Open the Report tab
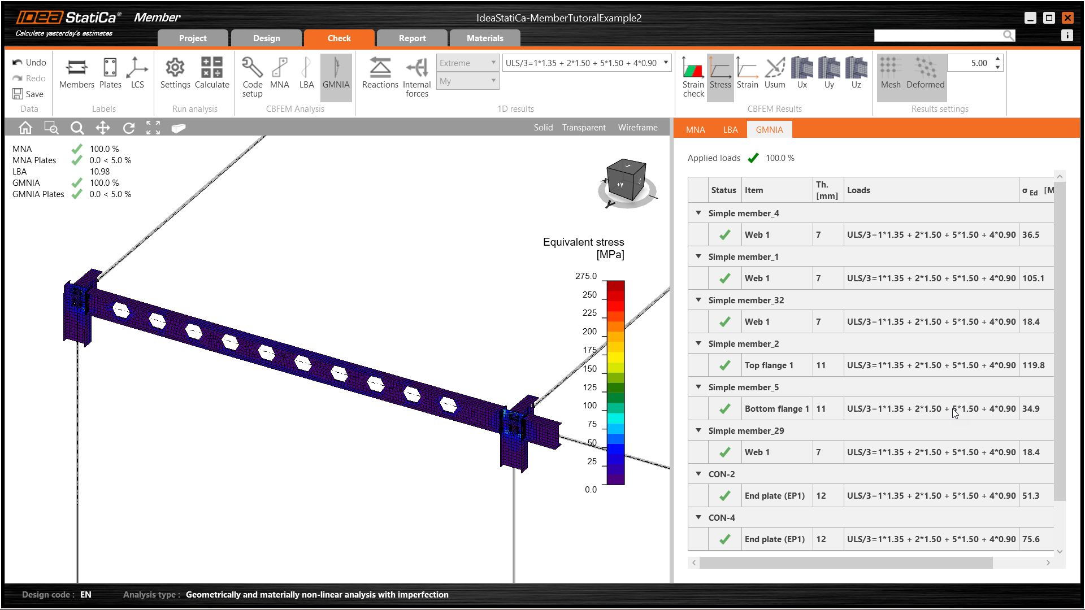tap(412, 38)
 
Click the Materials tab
tap(485, 38)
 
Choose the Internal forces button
tap(417, 77)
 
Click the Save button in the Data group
tap(28, 94)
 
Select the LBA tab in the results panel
tap(730, 130)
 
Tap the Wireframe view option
tap(637, 128)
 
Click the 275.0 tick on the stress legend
tap(586, 276)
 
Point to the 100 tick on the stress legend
tap(589, 406)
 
